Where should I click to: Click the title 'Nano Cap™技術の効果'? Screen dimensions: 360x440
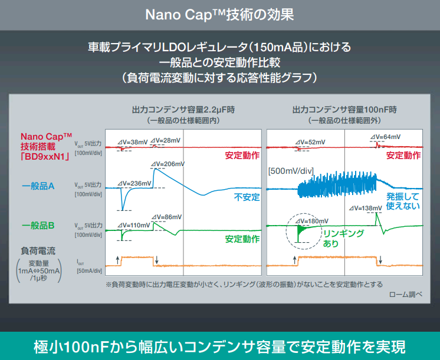(219, 15)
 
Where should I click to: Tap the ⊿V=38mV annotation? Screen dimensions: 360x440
(133, 142)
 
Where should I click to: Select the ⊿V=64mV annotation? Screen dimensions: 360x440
(384, 137)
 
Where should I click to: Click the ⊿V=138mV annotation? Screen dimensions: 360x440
(366, 208)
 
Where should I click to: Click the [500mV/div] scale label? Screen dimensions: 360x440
(290, 171)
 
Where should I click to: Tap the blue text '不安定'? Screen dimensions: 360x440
(247, 197)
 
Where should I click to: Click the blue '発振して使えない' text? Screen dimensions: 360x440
(403, 201)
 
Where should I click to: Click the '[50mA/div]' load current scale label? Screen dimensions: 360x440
(89, 271)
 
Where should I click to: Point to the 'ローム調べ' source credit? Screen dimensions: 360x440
(406, 294)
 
